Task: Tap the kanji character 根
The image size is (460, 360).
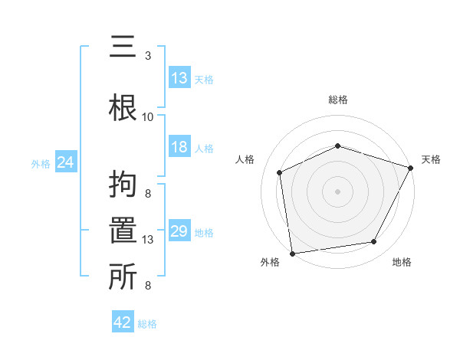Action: click(x=123, y=105)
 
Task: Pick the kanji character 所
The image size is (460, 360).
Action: click(x=123, y=277)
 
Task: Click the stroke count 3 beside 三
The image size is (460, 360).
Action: click(x=148, y=56)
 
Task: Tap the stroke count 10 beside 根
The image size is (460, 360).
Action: click(x=148, y=117)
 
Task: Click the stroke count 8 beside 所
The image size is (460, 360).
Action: click(x=148, y=286)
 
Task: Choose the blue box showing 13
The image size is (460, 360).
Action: click(x=179, y=78)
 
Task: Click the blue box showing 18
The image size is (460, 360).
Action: click(x=179, y=147)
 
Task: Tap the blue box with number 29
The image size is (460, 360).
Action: click(x=179, y=231)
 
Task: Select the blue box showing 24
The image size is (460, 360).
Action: click(x=65, y=162)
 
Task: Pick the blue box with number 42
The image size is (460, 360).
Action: click(x=123, y=322)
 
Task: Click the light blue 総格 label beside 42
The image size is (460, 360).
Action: click(x=147, y=324)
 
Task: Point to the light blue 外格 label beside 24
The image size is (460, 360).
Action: click(x=40, y=164)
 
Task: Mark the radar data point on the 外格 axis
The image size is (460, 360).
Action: click(x=292, y=253)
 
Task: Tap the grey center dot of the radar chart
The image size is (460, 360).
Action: click(x=337, y=191)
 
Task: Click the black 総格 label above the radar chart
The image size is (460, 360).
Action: click(x=337, y=100)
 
